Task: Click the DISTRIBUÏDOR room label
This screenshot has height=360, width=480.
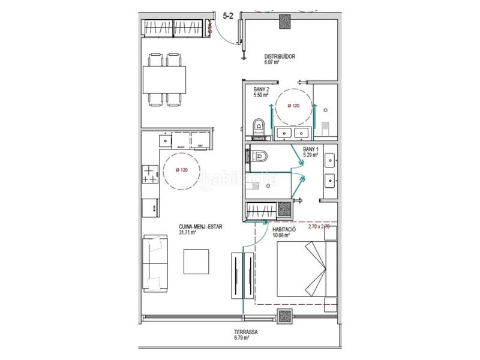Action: click(x=280, y=56)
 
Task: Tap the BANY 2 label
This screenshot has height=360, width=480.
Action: click(x=261, y=89)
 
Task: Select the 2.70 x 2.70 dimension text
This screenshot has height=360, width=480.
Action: click(x=323, y=227)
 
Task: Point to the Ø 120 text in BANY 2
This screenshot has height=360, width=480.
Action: click(x=293, y=106)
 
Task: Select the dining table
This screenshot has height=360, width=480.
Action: click(x=164, y=79)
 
